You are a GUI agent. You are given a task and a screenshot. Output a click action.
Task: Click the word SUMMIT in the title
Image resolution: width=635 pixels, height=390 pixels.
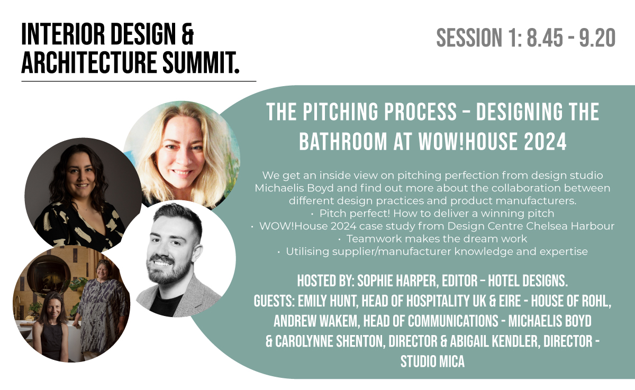201,62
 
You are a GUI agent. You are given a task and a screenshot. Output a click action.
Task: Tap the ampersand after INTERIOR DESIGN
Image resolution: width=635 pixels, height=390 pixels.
187,34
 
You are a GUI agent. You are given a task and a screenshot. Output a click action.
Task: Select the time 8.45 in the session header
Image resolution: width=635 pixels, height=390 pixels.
545,38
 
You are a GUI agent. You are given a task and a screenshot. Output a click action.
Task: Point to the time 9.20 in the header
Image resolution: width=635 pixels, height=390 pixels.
597,38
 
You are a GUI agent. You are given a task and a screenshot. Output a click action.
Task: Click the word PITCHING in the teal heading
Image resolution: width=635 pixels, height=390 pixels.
340,112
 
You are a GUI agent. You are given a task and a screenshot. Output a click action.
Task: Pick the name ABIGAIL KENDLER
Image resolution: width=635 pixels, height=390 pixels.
494,341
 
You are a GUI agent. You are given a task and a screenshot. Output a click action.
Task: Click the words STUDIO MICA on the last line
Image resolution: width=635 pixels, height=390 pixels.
433,361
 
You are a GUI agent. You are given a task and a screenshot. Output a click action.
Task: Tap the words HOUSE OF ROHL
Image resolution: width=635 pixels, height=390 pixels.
570,301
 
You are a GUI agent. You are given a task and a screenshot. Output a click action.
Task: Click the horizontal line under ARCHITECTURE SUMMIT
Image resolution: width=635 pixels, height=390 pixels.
139,81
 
